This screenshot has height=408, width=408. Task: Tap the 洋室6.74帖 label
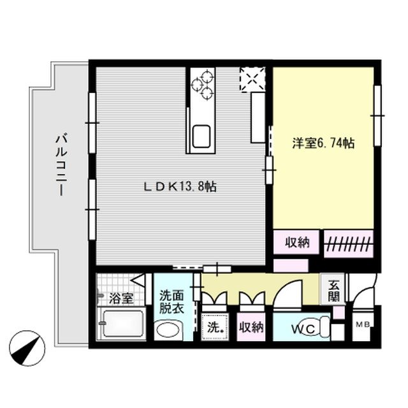pos(323,144)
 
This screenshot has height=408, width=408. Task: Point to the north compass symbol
pos(31,348)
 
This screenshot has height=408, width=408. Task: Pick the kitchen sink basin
pos(201,135)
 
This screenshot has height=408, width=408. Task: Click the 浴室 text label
pos(120,298)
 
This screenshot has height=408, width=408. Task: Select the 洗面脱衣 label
pos(171,303)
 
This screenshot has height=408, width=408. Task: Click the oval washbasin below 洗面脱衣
pos(168,330)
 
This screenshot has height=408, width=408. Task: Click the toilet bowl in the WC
pos(324,328)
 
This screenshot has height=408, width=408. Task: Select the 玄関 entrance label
pos(335,291)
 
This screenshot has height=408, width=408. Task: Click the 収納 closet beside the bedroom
pos(296,242)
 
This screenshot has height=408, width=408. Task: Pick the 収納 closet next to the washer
pos(251,328)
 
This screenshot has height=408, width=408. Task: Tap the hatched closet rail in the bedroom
pos(347,243)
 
